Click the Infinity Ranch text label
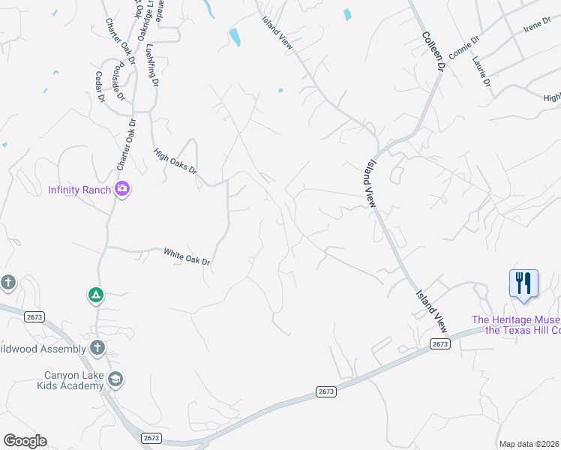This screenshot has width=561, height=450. [x=79, y=189]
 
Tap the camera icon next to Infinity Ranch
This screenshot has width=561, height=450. [x=123, y=189]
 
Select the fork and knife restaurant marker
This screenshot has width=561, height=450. [x=523, y=284]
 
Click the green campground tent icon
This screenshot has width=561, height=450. [x=96, y=295]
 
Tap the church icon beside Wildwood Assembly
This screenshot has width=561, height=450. [x=97, y=347]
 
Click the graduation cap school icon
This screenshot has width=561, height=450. [x=115, y=379]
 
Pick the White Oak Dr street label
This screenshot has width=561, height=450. [x=187, y=256]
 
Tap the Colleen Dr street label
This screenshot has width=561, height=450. [x=433, y=52]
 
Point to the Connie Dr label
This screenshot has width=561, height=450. [x=464, y=47]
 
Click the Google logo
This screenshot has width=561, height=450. [x=25, y=441]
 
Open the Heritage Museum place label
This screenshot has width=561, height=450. [x=516, y=325]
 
